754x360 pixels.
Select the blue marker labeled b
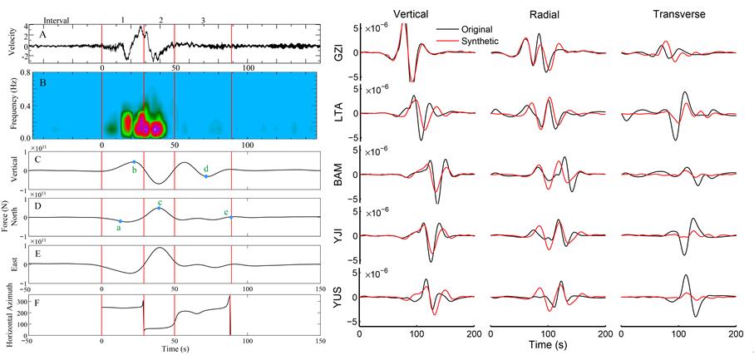135,161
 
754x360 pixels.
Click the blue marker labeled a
120,221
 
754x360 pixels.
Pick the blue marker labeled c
159,207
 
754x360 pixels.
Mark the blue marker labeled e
232,216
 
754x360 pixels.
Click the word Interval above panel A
57,19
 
